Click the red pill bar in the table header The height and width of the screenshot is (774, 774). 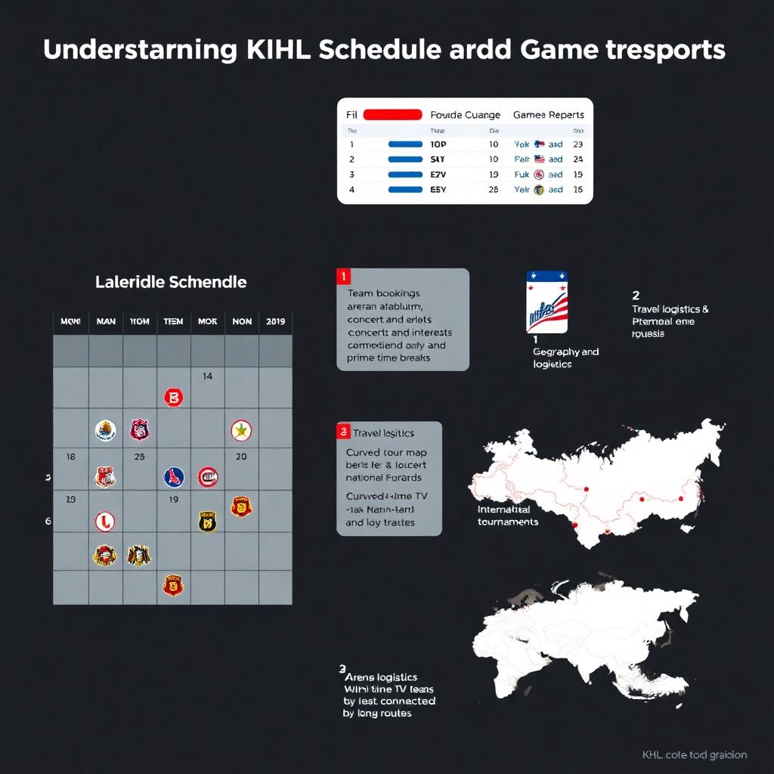click(x=392, y=115)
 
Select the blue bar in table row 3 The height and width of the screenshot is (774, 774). click(x=405, y=174)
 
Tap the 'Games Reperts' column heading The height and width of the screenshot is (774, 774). click(x=548, y=115)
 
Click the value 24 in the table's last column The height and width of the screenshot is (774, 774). click(x=578, y=159)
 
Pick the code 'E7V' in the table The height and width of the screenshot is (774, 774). click(x=438, y=174)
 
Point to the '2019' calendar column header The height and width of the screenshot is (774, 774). click(x=275, y=321)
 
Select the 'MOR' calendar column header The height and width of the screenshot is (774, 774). click(x=208, y=321)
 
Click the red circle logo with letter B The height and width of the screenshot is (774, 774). click(x=174, y=397)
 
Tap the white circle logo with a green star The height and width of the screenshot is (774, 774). click(x=241, y=431)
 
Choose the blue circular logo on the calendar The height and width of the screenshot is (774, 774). click(x=174, y=476)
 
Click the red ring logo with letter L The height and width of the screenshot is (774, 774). click(x=105, y=521)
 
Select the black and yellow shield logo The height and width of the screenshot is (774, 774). click(x=207, y=521)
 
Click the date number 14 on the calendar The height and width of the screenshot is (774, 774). click(x=208, y=376)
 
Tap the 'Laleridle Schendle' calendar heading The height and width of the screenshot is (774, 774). click(x=171, y=282)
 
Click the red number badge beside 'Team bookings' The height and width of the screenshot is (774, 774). click(x=345, y=277)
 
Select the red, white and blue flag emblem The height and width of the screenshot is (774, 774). click(x=546, y=302)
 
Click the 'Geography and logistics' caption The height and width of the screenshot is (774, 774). click(x=565, y=358)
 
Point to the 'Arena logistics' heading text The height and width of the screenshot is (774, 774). click(x=381, y=677)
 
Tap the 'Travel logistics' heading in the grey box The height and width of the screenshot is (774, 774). click(x=384, y=433)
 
